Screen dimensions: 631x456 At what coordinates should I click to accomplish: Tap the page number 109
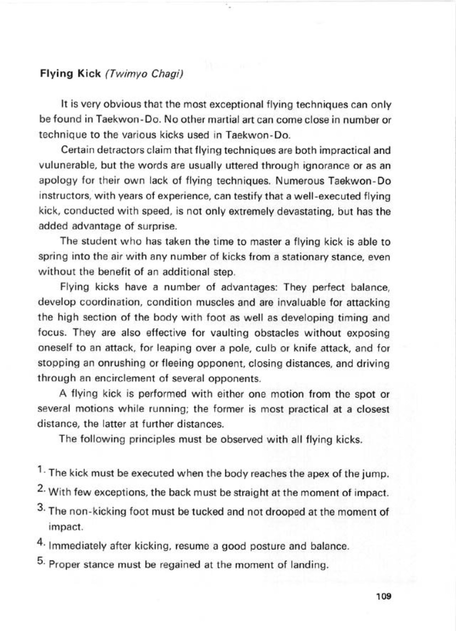(x=384, y=596)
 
